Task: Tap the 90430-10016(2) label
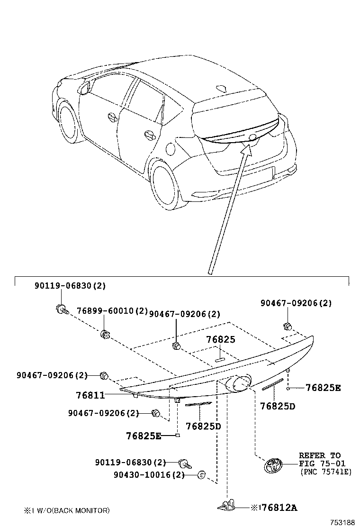click(x=149, y=474)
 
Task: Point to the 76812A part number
click(x=279, y=508)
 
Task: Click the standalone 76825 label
click(x=220, y=340)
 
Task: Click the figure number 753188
click(x=342, y=522)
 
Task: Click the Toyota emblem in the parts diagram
click(x=272, y=466)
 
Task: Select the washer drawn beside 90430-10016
click(x=200, y=474)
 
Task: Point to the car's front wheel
click(x=68, y=123)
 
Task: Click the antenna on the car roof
click(x=221, y=88)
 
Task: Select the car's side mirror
click(x=85, y=86)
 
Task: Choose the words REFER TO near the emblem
click(x=319, y=455)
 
